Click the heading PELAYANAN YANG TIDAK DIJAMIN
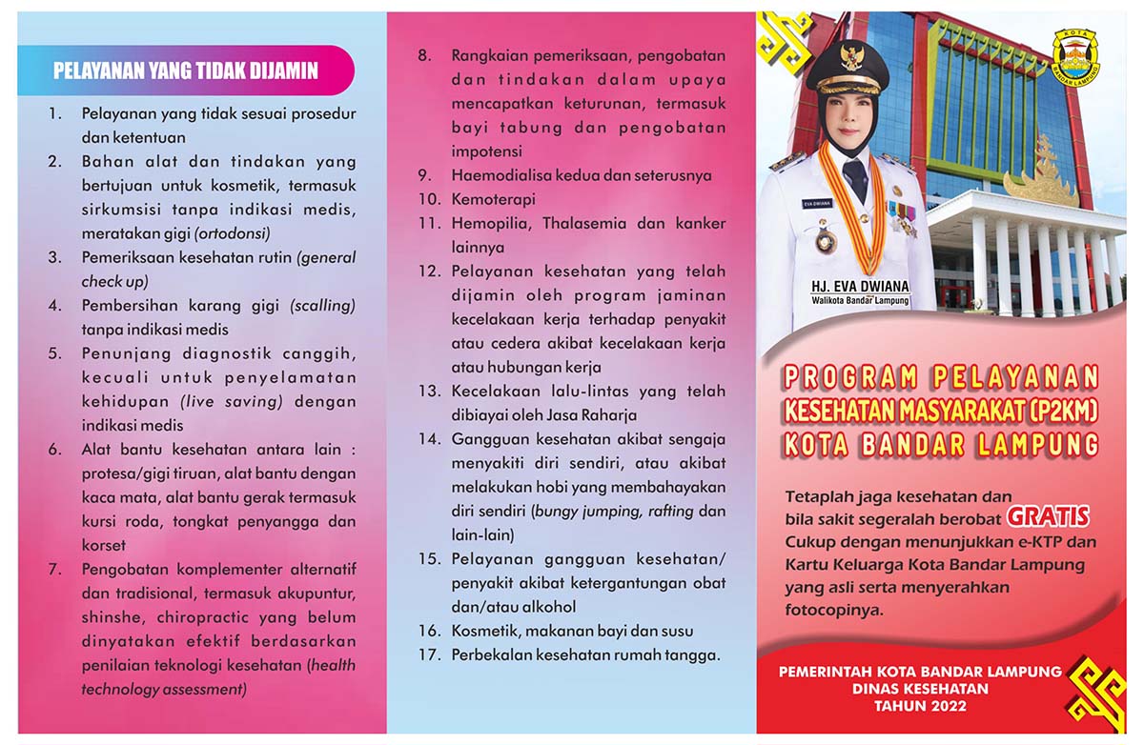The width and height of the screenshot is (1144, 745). [x=185, y=70]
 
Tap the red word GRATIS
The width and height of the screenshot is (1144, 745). [x=1049, y=516]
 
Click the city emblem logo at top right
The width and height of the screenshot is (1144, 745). [x=1075, y=57]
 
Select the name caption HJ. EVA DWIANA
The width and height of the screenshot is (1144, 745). [x=860, y=286]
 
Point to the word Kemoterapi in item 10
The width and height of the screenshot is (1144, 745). [x=494, y=199]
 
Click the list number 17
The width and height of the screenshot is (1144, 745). [x=428, y=654]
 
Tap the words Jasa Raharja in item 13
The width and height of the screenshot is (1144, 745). [x=591, y=414]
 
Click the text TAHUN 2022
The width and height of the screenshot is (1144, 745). [x=920, y=706]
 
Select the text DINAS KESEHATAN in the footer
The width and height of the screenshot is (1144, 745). [x=920, y=689]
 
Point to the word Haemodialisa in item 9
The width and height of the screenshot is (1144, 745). [x=500, y=175]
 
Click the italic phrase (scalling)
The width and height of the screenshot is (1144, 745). [x=322, y=305]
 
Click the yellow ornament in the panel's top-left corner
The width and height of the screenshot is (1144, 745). [x=784, y=43]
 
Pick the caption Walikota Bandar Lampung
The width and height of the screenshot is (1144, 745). [x=860, y=301]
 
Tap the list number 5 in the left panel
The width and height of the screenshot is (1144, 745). [x=55, y=353]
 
